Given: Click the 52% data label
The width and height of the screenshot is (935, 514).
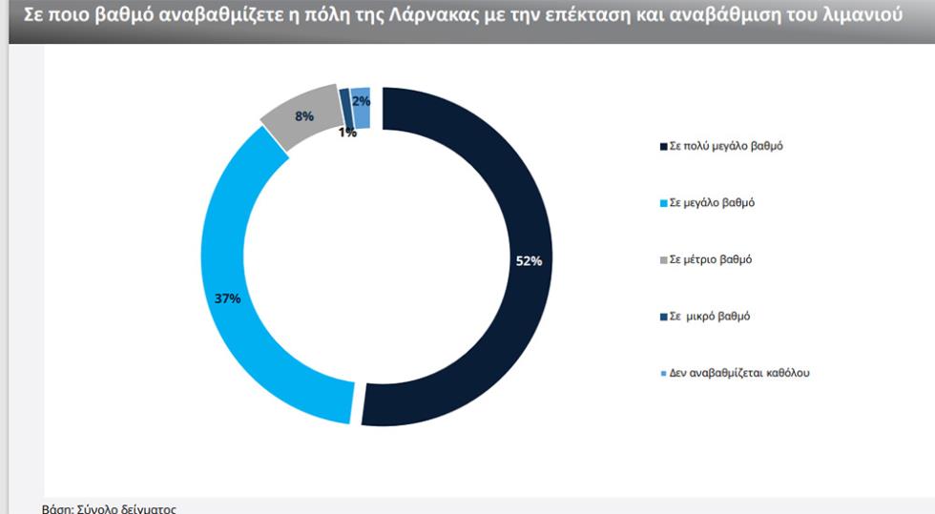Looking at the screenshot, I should [529, 261].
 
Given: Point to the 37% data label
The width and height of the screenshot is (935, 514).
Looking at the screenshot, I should [227, 298].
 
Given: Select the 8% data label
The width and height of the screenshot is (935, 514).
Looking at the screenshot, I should [304, 116].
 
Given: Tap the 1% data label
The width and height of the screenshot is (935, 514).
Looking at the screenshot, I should [347, 133].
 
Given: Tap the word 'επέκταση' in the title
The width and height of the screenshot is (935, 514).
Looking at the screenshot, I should [621, 18].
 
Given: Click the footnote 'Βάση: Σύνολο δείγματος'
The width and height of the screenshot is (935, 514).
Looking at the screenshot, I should [110, 508].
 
